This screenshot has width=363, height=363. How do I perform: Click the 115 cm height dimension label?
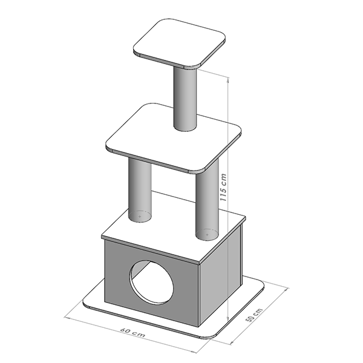[223, 188]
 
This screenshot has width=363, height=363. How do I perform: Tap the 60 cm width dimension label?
[133, 332]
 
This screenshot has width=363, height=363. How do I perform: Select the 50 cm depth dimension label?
[254, 315]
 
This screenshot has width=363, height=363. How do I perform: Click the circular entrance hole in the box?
[152, 282]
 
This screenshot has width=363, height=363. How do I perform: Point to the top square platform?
[180, 44]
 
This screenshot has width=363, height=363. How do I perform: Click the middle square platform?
[174, 138]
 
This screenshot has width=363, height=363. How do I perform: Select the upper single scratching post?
[185, 99]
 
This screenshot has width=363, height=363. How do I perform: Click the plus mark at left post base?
[140, 217]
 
